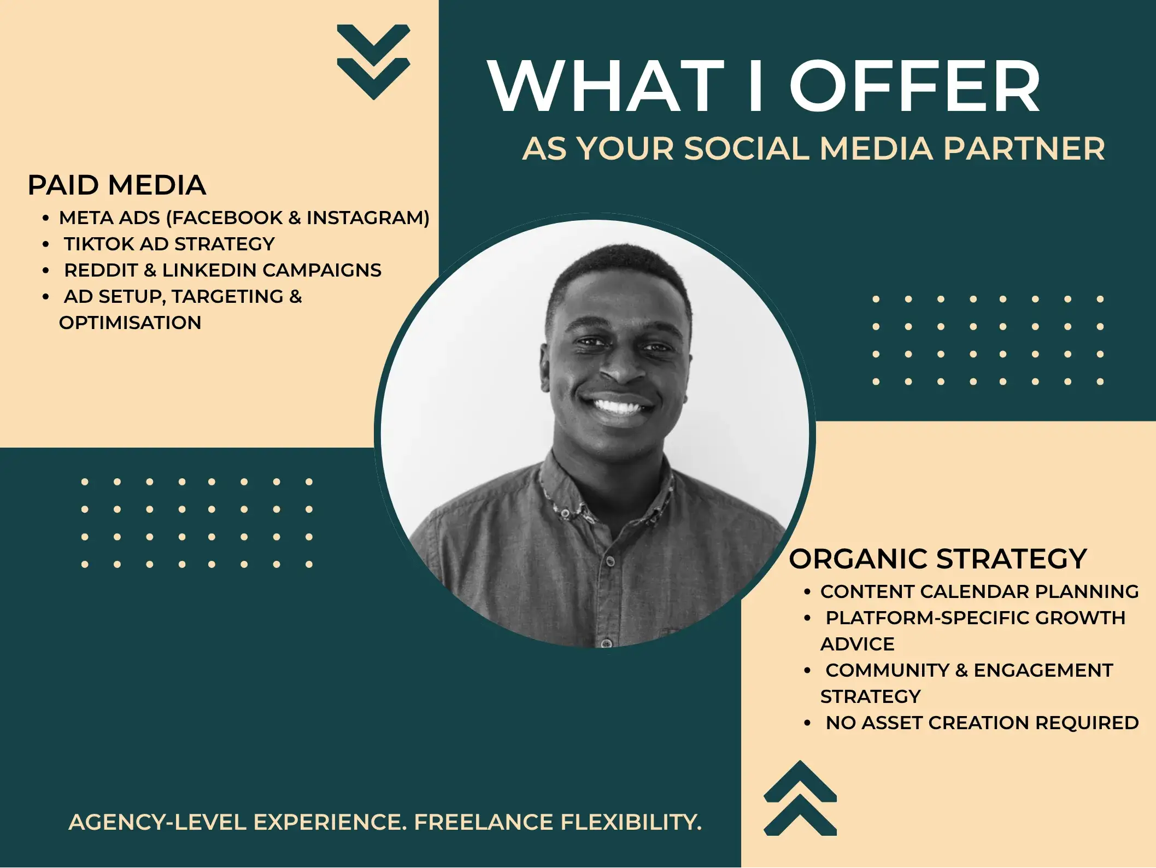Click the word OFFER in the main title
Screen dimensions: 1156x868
(x=915, y=86)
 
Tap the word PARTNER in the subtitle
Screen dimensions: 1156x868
(x=1024, y=149)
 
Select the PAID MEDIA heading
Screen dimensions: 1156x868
(x=117, y=185)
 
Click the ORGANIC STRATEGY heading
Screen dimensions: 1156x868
(x=938, y=559)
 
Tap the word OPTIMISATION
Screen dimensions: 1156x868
(x=130, y=322)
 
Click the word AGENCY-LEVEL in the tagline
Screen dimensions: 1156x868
(x=157, y=822)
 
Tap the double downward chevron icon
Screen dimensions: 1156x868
(x=374, y=62)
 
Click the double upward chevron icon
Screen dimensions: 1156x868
(x=800, y=798)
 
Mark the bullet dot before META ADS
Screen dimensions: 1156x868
(x=46, y=218)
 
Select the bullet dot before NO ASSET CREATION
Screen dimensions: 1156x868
(x=807, y=723)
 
